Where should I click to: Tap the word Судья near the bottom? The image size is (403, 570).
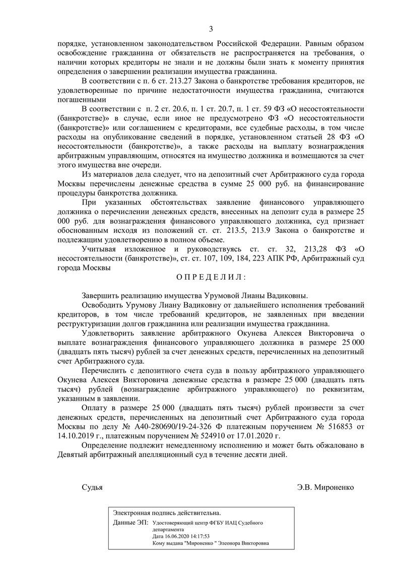tap(92, 487)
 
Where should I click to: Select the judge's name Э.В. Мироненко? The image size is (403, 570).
tap(326, 487)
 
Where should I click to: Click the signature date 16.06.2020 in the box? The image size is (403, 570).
tap(170, 537)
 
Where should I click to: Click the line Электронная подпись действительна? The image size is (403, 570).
tap(167, 513)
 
